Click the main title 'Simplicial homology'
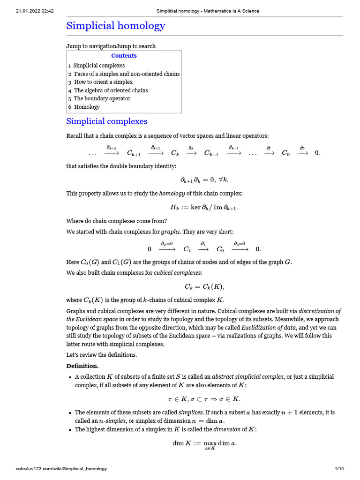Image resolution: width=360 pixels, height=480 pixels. pyautogui.click(x=115, y=25)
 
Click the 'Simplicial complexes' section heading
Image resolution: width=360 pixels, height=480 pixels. pyautogui.click(x=107, y=121)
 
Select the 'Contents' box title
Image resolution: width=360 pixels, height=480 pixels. pyautogui.click(x=124, y=56)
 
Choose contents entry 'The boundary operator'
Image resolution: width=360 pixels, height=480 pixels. pyautogui.click(x=102, y=98)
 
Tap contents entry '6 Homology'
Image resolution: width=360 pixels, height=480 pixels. pyautogui.click(x=84, y=107)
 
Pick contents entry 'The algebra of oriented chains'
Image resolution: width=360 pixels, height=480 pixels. pyautogui.click(x=111, y=90)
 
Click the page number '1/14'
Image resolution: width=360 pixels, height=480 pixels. pyautogui.click(x=339, y=469)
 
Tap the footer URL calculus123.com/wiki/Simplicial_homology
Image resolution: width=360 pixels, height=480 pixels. pyautogui.click(x=61, y=469)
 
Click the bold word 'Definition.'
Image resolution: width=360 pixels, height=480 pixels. pyautogui.click(x=82, y=366)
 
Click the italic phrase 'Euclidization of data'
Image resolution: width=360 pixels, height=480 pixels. pyautogui.click(x=262, y=327)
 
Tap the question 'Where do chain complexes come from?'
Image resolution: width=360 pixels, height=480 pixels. pyautogui.click(x=117, y=221)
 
